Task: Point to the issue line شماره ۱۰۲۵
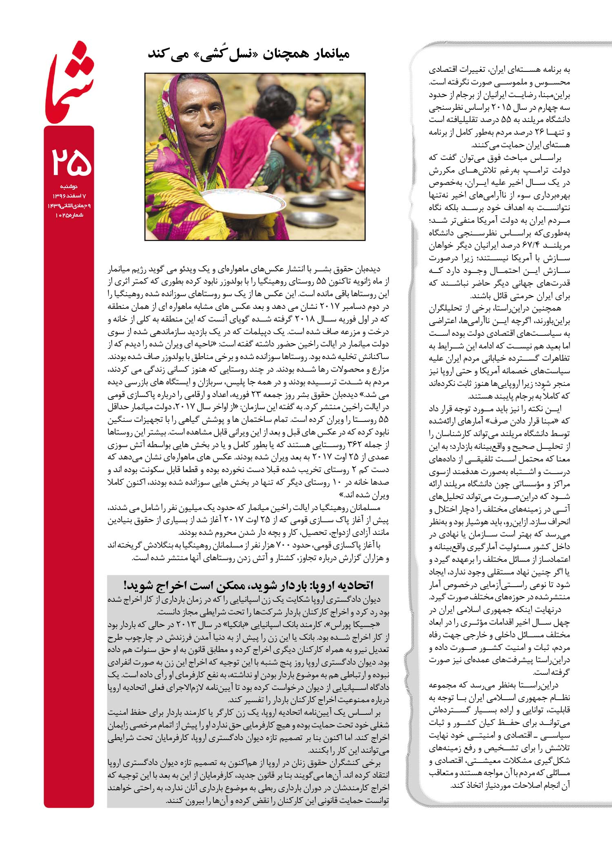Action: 69,215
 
